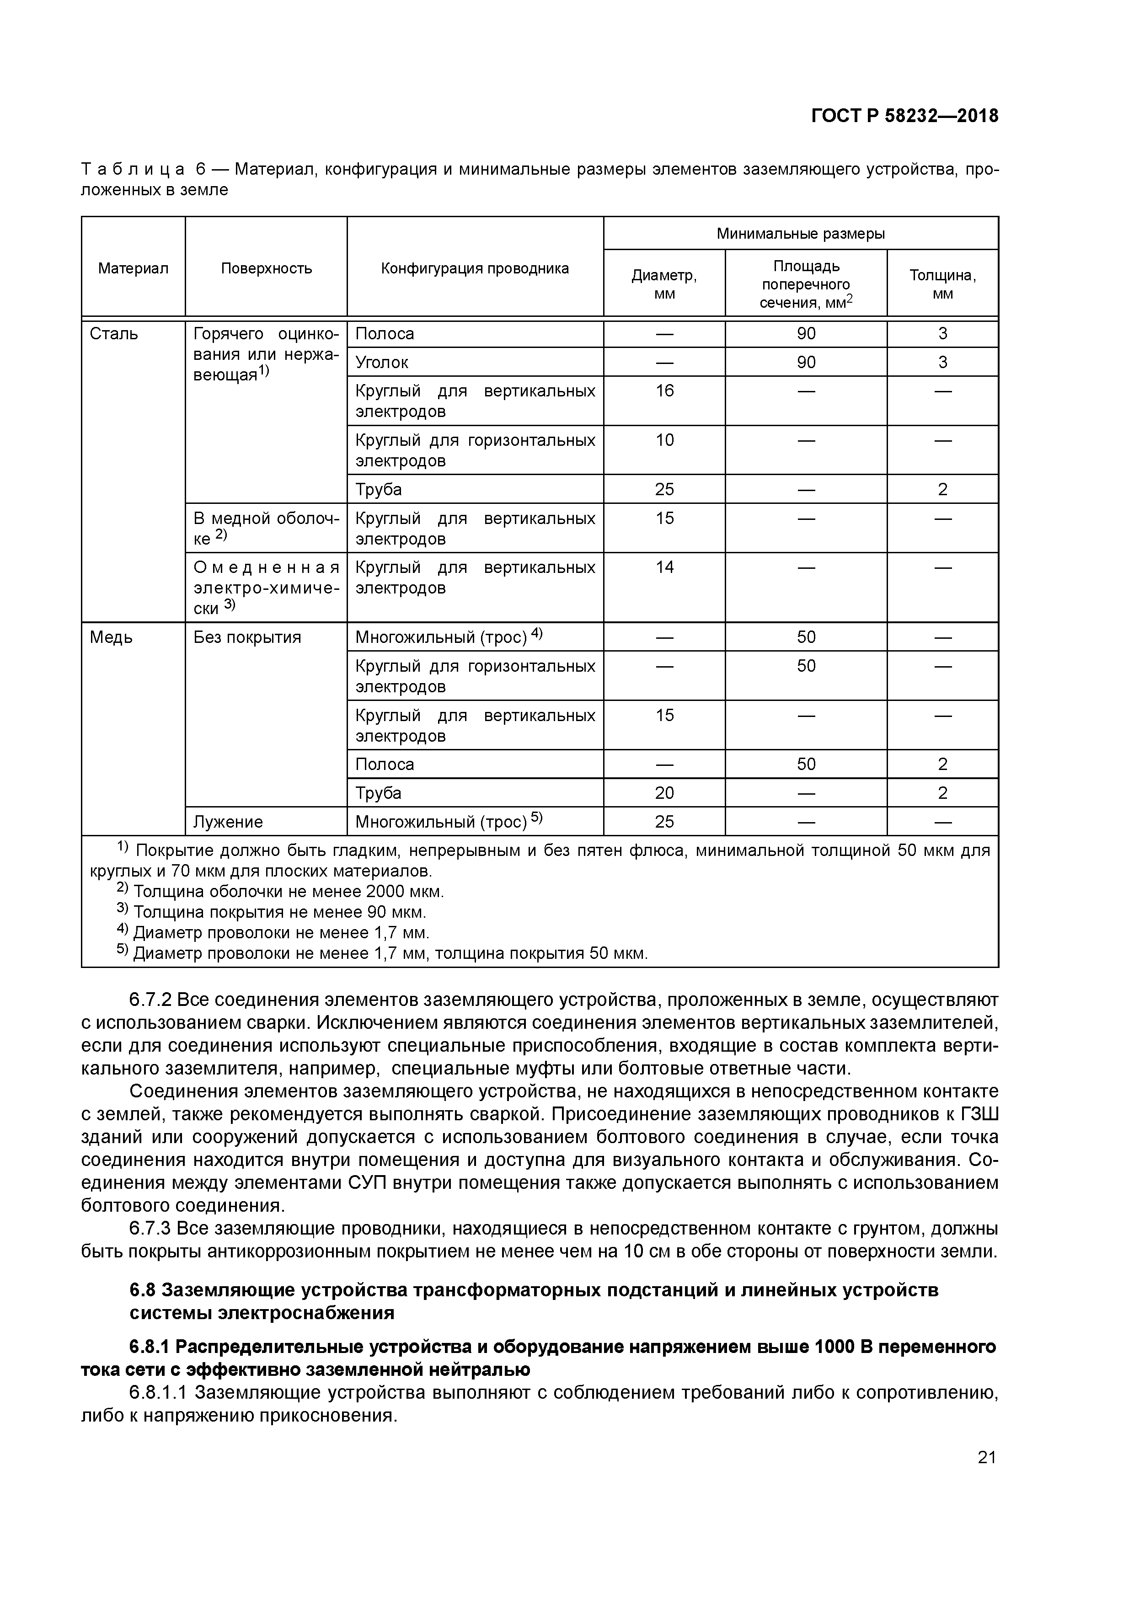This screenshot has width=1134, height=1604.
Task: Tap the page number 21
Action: (986, 1457)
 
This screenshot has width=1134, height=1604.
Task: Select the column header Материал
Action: (133, 268)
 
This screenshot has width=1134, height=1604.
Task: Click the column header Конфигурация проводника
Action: (475, 268)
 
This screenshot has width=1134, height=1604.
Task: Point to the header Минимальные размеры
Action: (800, 233)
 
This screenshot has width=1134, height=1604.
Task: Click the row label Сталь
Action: (114, 334)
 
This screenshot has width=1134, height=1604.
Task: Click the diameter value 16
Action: (664, 390)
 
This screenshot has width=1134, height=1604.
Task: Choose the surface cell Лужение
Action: (228, 822)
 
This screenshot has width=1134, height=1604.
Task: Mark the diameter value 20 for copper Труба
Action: (664, 793)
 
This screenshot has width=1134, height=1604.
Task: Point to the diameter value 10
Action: (664, 440)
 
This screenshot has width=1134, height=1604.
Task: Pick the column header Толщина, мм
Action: (942, 283)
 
